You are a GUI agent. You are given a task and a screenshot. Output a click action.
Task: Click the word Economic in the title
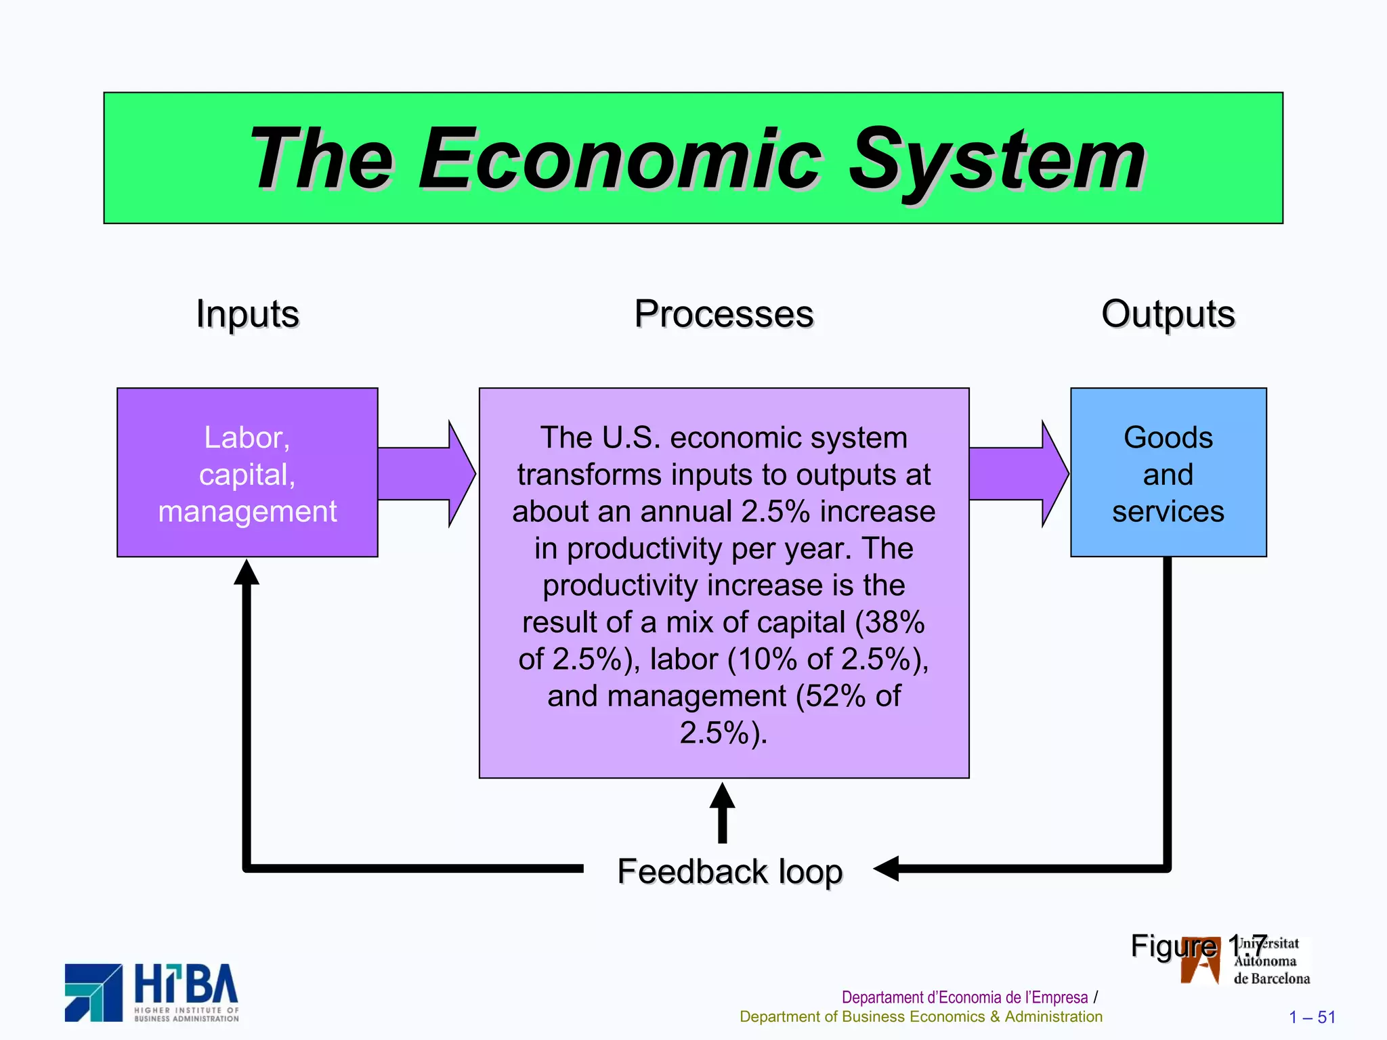620,161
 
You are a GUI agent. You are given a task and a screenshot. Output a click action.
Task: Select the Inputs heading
247,314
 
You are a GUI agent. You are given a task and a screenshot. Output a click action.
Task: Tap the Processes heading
723,314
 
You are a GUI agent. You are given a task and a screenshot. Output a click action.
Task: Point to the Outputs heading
1168,314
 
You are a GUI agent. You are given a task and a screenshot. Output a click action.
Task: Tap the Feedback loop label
729,871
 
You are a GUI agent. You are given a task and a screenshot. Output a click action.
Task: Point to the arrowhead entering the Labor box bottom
247,573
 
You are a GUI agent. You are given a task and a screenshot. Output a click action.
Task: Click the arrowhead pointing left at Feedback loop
886,868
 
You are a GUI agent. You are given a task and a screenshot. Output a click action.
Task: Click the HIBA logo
152,993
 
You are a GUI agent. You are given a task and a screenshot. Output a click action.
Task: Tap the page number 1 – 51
1311,1017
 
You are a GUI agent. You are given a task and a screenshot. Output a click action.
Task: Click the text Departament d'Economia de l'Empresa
964,997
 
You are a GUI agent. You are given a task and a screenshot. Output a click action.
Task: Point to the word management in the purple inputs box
247,511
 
